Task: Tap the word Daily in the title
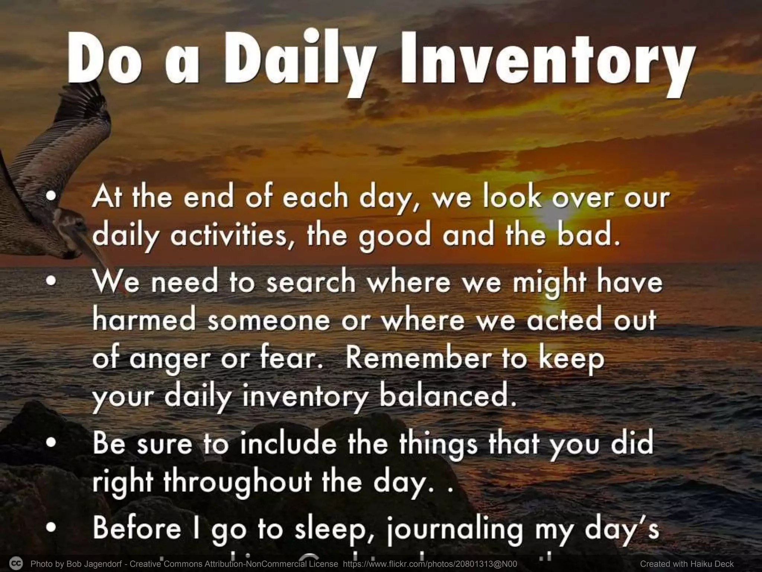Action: point(298,61)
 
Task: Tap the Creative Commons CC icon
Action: point(16,563)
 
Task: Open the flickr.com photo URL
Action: point(430,564)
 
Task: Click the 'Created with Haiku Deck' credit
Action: point(687,564)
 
